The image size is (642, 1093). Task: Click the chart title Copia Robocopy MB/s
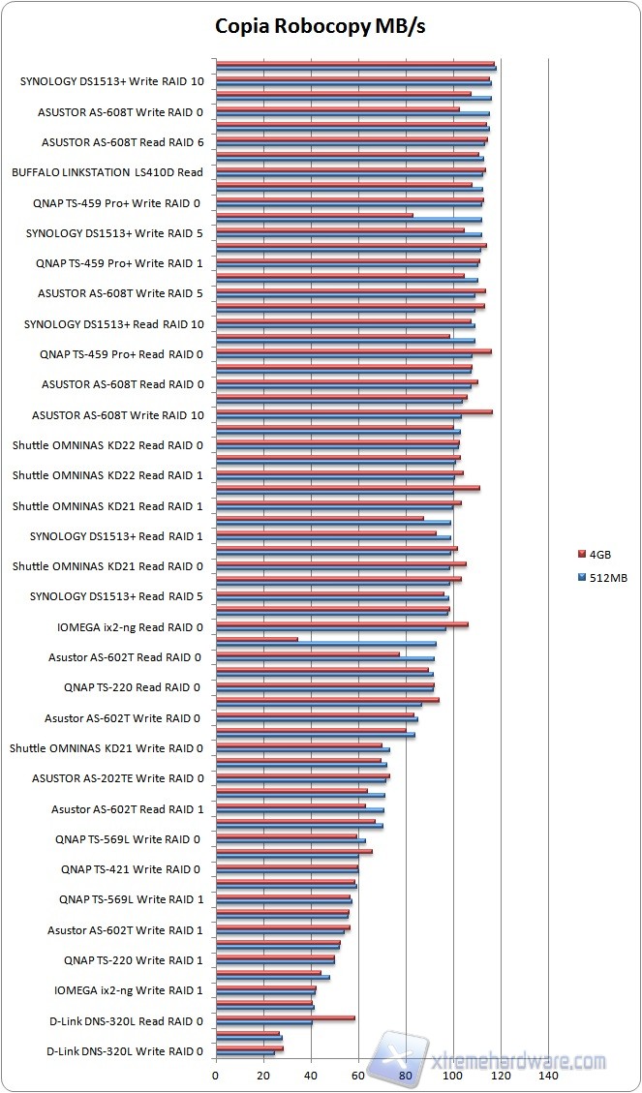[320, 27]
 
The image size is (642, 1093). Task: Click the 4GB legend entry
[599, 555]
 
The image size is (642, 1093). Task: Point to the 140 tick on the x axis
[548, 1075]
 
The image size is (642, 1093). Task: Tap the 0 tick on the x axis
[215, 1075]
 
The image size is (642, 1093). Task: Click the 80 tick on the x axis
[406, 1075]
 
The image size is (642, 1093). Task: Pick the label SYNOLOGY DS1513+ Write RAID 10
[111, 82]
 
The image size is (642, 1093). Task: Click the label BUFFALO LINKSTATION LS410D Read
[107, 173]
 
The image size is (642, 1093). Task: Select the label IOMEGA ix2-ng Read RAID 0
[130, 627]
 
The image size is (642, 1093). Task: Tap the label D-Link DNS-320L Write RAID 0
[125, 1051]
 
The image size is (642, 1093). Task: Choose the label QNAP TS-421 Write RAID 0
[132, 869]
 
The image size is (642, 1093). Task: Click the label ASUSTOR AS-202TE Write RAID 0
[118, 778]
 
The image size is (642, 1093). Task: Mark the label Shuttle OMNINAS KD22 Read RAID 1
[107, 475]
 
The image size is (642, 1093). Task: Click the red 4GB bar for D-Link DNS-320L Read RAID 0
[285, 1017]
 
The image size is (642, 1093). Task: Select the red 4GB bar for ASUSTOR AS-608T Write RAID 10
[353, 411]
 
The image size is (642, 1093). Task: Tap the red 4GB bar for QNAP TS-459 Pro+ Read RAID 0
[352, 351]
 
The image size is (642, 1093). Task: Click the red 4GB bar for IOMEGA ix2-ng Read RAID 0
[341, 624]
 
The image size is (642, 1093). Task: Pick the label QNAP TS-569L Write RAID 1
[132, 899]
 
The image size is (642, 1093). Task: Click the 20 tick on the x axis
[262, 1075]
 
